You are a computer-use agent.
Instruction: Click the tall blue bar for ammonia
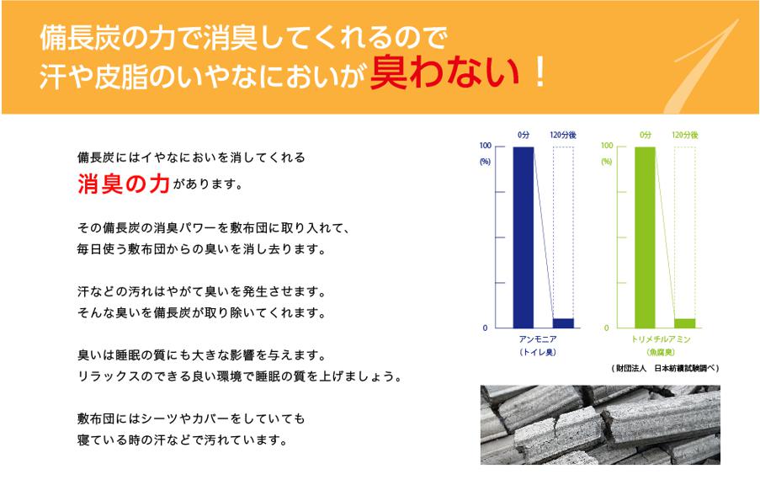[523, 237]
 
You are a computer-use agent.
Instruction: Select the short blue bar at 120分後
[563, 323]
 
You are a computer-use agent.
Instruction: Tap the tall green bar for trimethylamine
[646, 237]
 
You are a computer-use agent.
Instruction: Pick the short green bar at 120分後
[685, 323]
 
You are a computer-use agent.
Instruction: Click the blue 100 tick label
[485, 146]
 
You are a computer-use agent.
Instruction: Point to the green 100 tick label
[607, 146]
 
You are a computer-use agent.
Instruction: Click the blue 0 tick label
[485, 328]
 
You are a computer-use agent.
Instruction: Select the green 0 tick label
[606, 328]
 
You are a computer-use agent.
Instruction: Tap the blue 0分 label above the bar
[523, 135]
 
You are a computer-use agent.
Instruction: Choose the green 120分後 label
[685, 135]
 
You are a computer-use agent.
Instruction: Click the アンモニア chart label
[538, 339]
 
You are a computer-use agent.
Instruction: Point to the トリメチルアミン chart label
[660, 339]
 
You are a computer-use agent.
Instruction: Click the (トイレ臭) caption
[538, 352]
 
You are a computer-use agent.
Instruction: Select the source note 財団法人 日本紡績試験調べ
[665, 369]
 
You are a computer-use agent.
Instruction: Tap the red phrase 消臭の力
[124, 184]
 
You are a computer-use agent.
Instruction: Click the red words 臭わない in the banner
[445, 72]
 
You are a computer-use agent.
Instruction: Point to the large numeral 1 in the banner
[705, 66]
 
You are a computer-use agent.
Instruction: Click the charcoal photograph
[600, 425]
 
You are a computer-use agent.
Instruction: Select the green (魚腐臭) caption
[660, 352]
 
